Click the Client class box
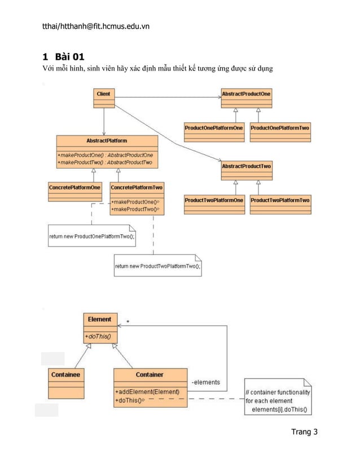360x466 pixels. pos(103,98)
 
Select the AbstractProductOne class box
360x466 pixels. pos(246,98)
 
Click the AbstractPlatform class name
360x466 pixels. pos(107,140)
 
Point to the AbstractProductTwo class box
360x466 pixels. pos(246,170)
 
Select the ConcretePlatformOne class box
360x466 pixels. pos(74,191)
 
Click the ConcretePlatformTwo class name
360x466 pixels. pos(137,187)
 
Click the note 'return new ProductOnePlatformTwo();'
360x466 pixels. pos(92,235)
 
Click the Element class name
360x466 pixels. pos(99,319)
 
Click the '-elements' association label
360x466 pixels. pos(206,383)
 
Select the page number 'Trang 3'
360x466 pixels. pos(304,432)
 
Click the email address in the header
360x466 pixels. pos(96,26)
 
